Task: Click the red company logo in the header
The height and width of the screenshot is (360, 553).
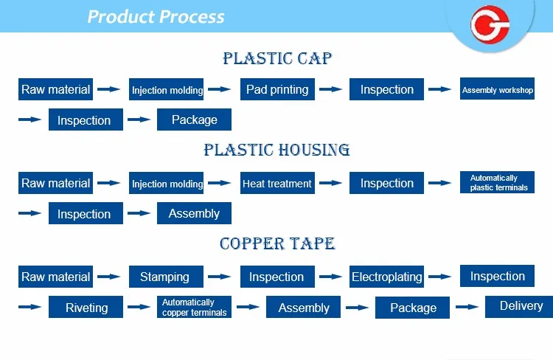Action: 490,24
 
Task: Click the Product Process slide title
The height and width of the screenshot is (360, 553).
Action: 156,16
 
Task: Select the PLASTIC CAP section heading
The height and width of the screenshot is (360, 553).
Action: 277,58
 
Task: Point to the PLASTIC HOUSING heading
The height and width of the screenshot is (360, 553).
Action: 276,150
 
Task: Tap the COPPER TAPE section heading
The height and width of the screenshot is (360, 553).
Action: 277,243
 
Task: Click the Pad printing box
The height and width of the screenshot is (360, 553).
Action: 277,89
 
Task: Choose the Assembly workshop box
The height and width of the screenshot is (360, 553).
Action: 497,89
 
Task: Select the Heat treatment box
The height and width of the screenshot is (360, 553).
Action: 277,183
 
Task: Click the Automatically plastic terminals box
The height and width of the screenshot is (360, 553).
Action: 497,182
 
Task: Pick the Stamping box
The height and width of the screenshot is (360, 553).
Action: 166,277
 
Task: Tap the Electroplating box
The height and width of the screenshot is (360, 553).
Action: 386,277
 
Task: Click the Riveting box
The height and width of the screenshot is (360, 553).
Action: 86,307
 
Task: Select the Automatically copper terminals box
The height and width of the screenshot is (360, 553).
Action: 195,307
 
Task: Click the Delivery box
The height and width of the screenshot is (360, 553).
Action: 519,307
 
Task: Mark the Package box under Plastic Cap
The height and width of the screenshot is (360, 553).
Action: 195,120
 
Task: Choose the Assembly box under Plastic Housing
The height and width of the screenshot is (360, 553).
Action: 195,213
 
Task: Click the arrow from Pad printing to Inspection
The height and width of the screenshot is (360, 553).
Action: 330,89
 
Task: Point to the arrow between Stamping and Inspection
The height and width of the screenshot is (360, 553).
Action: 220,277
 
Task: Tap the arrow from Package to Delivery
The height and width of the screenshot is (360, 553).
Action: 467,307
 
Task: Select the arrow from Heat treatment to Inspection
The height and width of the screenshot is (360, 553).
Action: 330,183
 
